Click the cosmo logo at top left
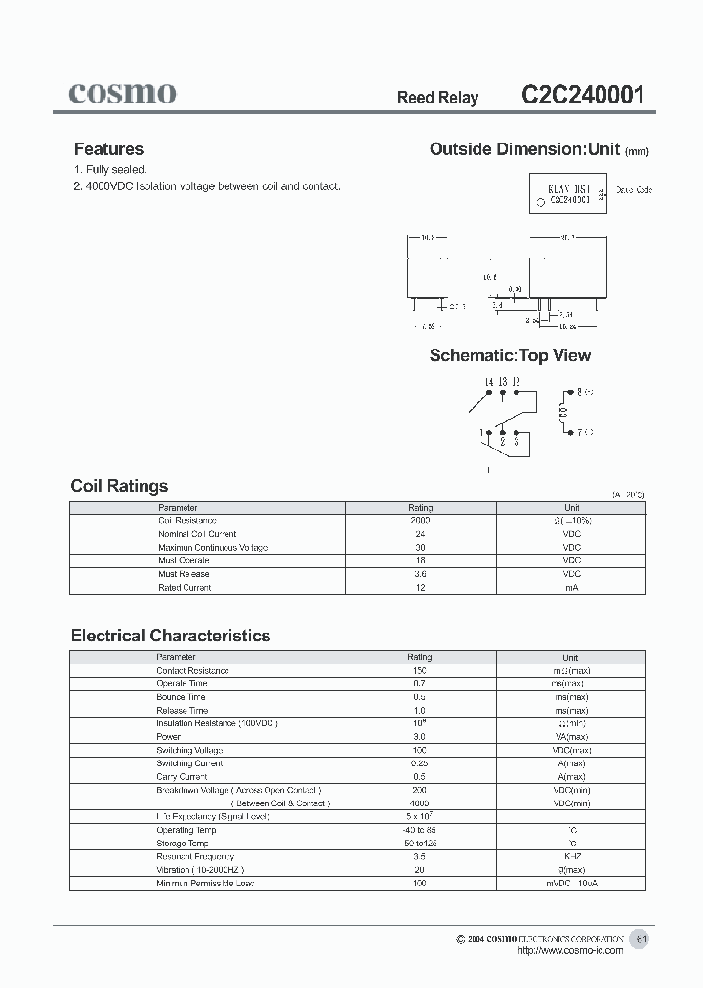click(122, 93)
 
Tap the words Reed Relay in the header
click(437, 98)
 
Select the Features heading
click(108, 149)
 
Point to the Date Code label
click(635, 190)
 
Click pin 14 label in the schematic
click(488, 382)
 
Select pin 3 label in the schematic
click(516, 443)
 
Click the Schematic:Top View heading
click(510, 356)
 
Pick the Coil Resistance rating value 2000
click(420, 521)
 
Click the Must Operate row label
click(184, 561)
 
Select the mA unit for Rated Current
click(571, 588)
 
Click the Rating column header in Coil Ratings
click(420, 508)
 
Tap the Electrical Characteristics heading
click(171, 636)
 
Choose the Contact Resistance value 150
click(419, 671)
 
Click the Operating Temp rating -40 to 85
click(419, 830)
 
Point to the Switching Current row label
click(189, 763)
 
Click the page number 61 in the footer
click(641, 938)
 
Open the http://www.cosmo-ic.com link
click(569, 951)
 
